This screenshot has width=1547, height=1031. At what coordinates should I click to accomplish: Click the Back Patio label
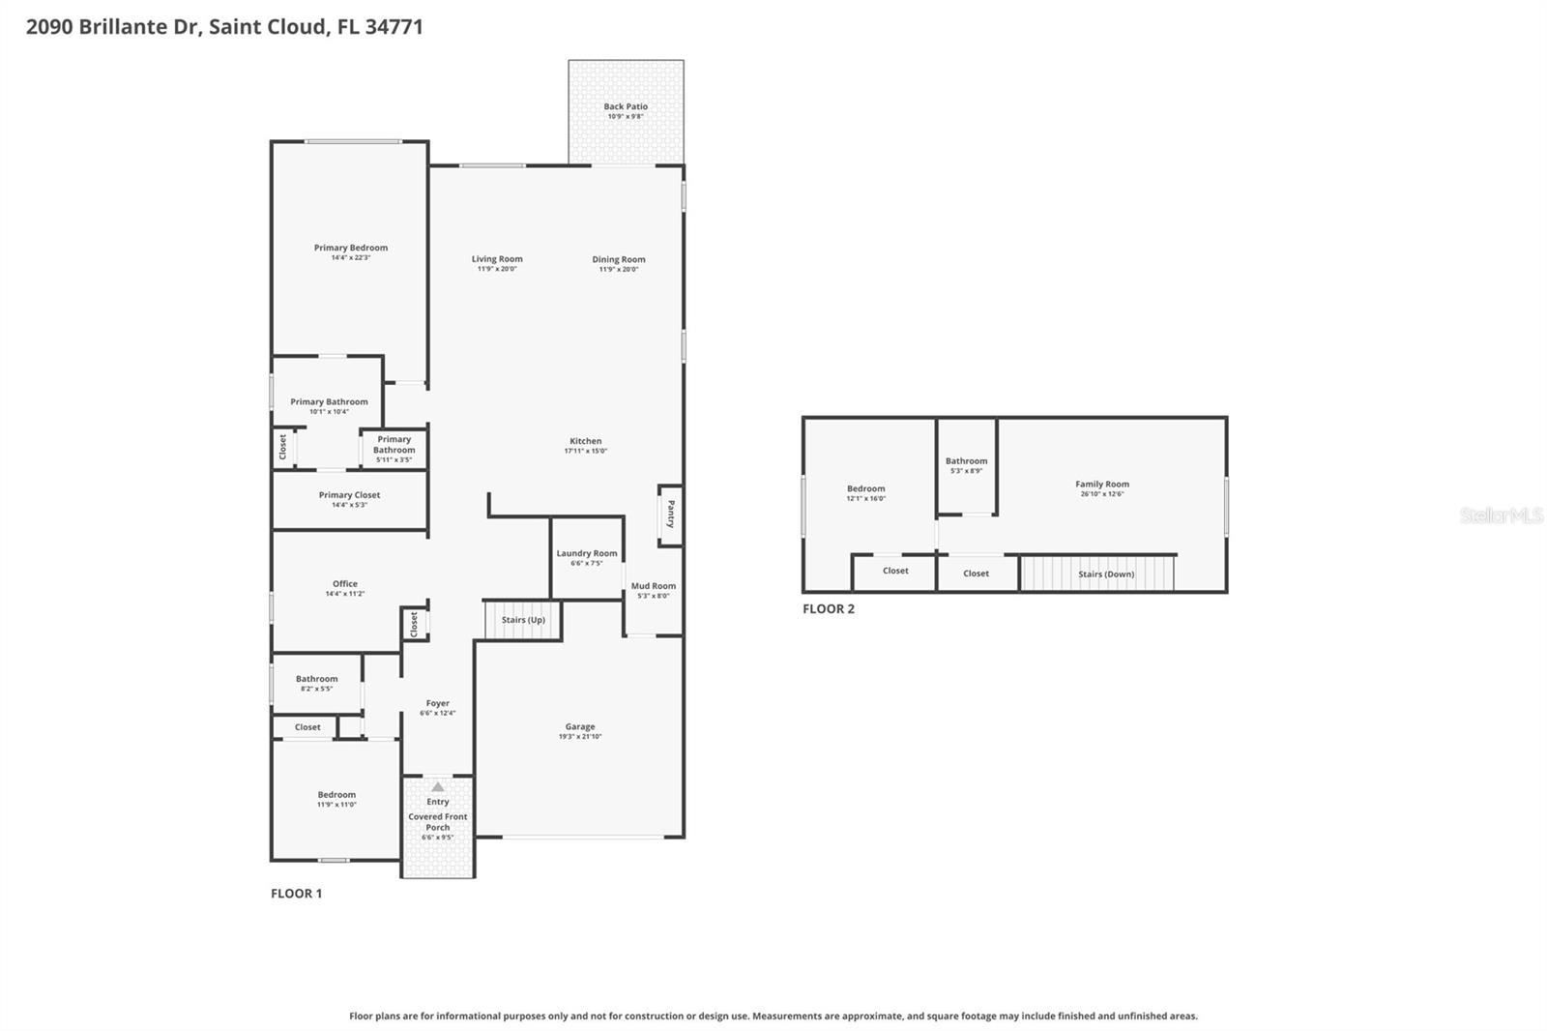(x=626, y=106)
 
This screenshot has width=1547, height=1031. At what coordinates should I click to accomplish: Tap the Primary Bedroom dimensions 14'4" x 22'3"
(x=350, y=258)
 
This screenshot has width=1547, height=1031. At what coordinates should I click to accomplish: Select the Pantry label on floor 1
(x=671, y=514)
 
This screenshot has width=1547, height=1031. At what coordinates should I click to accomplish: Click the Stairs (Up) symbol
(x=523, y=620)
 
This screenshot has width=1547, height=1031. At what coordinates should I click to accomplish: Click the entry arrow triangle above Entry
(x=438, y=787)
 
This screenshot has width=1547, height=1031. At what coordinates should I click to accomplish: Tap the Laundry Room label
(x=586, y=553)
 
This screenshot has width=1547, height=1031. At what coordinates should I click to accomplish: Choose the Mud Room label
(x=654, y=585)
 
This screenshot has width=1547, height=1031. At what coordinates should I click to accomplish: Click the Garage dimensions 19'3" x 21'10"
(x=580, y=737)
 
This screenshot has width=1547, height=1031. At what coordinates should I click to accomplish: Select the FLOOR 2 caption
(x=829, y=608)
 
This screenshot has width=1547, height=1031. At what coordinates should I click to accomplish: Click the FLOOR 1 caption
(x=296, y=893)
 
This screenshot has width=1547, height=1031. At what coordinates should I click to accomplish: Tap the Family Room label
(x=1101, y=484)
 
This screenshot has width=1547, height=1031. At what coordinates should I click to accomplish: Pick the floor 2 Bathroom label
(x=966, y=460)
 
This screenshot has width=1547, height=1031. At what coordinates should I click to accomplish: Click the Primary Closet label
(x=349, y=494)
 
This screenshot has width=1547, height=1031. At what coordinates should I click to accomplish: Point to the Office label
(x=345, y=583)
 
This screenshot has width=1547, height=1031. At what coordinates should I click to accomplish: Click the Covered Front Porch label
(x=438, y=822)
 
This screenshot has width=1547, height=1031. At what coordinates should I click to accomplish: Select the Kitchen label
(x=585, y=441)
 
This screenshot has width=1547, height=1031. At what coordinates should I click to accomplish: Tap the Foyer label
(x=437, y=703)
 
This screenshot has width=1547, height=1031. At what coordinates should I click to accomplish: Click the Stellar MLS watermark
(x=1501, y=515)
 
